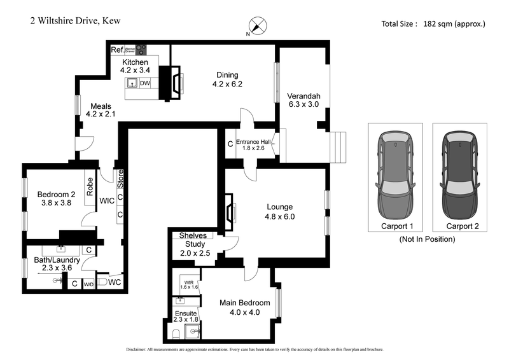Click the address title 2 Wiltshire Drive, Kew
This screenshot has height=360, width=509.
click(x=75, y=21)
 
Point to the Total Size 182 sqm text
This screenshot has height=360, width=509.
click(x=433, y=24)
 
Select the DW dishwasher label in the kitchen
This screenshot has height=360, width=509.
click(x=145, y=83)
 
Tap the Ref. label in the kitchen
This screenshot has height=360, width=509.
click(x=117, y=50)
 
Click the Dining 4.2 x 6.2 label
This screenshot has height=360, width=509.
click(x=228, y=79)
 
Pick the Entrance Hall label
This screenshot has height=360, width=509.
click(x=254, y=144)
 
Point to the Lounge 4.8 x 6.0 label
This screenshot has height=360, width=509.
click(x=280, y=211)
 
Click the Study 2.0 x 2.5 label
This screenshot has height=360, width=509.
click(x=195, y=249)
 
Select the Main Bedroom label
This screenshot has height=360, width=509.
click(x=245, y=307)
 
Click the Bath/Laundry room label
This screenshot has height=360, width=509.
click(x=55, y=263)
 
